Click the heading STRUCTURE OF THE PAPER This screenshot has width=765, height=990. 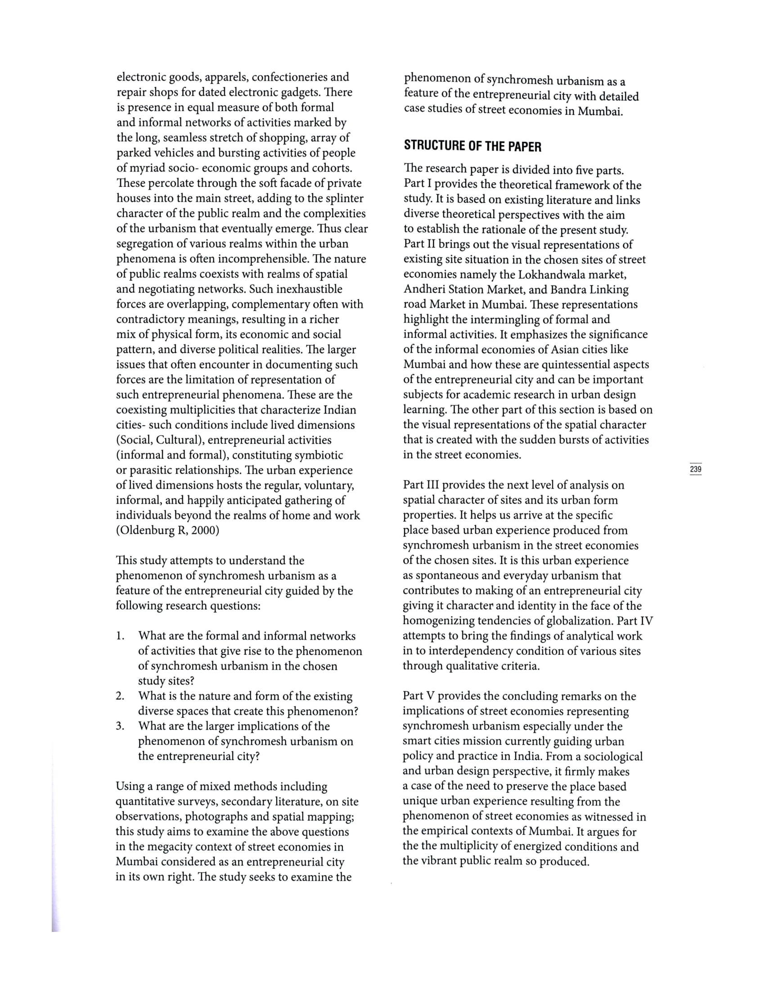[472, 146]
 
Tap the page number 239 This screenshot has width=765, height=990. [695, 469]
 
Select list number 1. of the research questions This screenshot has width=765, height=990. [120, 636]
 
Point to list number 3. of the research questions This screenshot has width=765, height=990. [120, 726]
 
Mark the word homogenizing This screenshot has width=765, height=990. [438, 621]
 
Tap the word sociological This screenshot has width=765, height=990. [613, 756]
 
